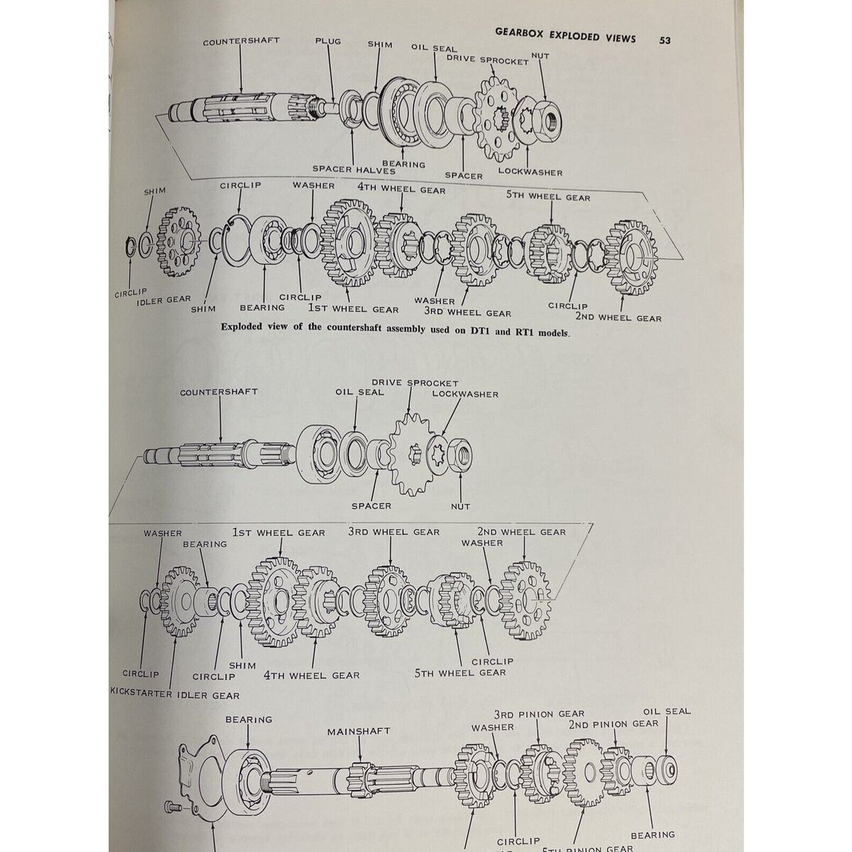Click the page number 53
(x=665, y=40)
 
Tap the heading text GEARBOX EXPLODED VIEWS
(x=565, y=36)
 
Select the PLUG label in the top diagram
(x=327, y=41)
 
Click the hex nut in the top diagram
(x=546, y=117)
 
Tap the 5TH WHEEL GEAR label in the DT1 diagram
(x=548, y=197)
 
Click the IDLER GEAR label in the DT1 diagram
(x=158, y=300)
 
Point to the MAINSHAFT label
(x=359, y=732)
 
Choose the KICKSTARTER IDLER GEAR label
(x=175, y=694)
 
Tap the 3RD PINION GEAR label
(x=540, y=714)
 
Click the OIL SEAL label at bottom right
(x=666, y=711)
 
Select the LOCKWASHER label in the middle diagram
(x=465, y=394)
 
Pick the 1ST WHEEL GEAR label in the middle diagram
(x=278, y=532)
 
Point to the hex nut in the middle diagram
(x=461, y=455)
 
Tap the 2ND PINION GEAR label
(x=613, y=724)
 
